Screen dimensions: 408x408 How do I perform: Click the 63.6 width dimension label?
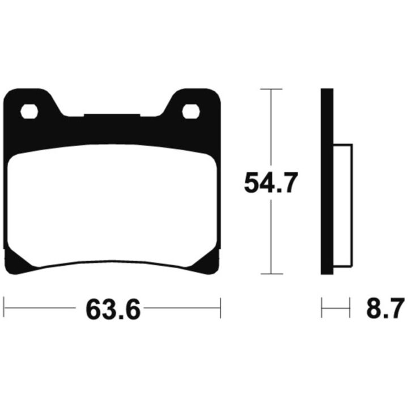pos(113,309)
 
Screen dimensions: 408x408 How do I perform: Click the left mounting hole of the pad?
pos(29,112)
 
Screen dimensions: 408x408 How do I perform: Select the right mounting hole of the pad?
pos(191,112)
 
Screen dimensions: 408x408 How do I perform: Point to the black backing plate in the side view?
pos(327,181)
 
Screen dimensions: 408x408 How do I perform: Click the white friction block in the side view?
pos(343,205)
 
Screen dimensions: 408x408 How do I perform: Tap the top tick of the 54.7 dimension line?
pos(271,90)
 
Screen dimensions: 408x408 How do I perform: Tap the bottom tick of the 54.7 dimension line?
pos(271,274)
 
